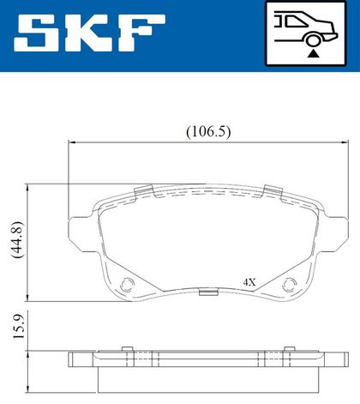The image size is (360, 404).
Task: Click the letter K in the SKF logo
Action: (84, 33)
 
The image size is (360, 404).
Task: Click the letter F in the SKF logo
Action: (140, 33)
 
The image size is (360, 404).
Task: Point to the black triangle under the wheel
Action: (313, 53)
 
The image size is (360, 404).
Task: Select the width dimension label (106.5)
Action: (208, 132)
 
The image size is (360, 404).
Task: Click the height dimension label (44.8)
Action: (16, 239)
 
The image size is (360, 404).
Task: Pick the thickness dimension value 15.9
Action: (19, 326)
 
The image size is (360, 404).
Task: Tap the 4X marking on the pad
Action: (249, 282)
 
